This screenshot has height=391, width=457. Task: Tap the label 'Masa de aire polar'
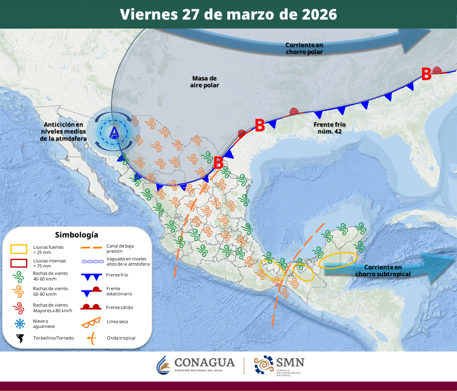(x=205, y=82)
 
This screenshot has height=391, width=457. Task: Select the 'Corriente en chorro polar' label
(x=304, y=48)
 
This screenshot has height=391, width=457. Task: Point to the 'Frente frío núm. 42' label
(x=330, y=128)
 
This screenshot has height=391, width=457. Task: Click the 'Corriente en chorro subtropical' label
(x=383, y=270)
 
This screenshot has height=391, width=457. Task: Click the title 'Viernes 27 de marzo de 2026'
(x=228, y=14)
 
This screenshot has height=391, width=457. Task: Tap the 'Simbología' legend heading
(x=76, y=235)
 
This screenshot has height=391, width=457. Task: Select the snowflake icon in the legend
(x=19, y=323)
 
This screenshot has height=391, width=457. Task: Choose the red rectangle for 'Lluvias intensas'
(x=19, y=263)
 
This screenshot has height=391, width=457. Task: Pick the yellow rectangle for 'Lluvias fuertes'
(x=19, y=249)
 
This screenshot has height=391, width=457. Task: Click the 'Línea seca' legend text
(x=117, y=321)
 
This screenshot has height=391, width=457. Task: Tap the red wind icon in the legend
(x=19, y=308)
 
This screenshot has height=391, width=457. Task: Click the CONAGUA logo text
(x=205, y=362)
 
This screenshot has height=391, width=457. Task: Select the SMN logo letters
(x=289, y=362)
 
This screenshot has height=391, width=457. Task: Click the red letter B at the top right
(x=426, y=74)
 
